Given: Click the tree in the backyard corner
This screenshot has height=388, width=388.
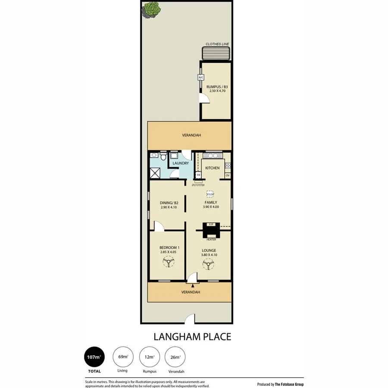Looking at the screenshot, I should pyautogui.click(x=150, y=9).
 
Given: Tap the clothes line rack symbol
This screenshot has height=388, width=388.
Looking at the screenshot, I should pyautogui.click(x=217, y=53).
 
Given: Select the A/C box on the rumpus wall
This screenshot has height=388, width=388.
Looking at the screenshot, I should pyautogui.click(x=201, y=78).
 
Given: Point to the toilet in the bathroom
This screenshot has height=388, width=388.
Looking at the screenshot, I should pyautogui.click(x=163, y=158).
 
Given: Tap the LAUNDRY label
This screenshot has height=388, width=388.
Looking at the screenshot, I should pyautogui.click(x=180, y=163).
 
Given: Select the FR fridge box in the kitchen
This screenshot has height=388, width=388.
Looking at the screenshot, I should pyautogui.click(x=198, y=175).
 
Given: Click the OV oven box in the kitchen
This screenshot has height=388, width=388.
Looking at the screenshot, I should pyautogui.click(x=227, y=175).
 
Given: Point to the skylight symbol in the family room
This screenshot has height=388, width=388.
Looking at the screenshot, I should pyautogui.click(x=210, y=194).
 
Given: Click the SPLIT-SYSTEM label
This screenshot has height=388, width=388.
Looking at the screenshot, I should pyautogui.click(x=198, y=185).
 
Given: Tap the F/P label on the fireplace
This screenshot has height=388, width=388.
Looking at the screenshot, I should pyautogui.click(x=211, y=225).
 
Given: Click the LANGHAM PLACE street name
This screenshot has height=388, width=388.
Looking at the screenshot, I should pyautogui.click(x=192, y=337).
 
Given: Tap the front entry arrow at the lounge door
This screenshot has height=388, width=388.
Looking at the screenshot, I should pyautogui.click(x=193, y=285).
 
